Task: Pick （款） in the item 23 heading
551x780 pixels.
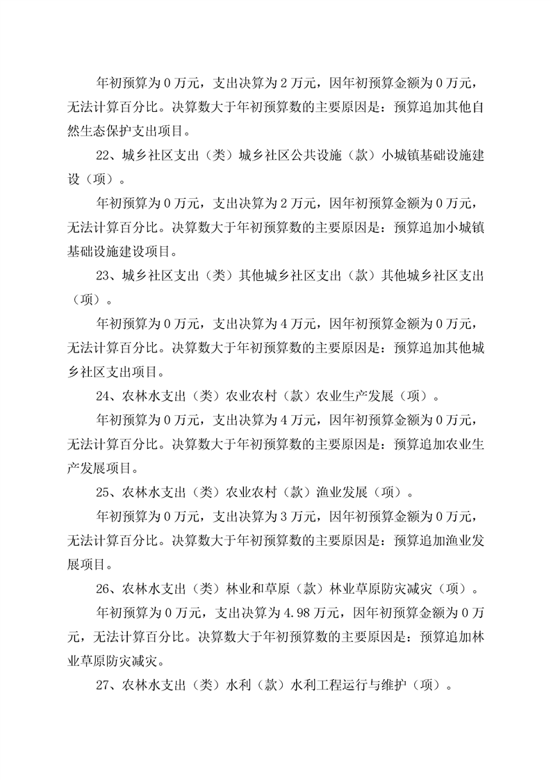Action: [343, 276]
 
